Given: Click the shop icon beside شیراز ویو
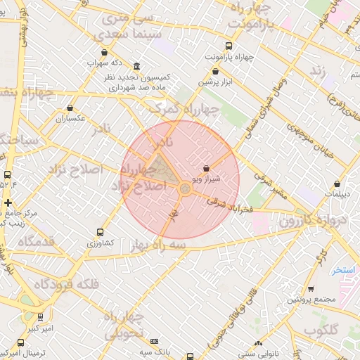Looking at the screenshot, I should coord(206,169).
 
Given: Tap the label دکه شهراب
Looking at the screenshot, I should coord(105,63).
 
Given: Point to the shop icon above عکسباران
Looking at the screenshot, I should coord(70,108).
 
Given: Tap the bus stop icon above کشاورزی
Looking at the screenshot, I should coord(99,232).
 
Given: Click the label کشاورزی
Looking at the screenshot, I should coord(99,243).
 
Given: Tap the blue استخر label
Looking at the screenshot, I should coord(345,269).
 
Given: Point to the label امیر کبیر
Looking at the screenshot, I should coord(38,328).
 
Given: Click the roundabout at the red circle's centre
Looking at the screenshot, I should coord(185,188).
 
